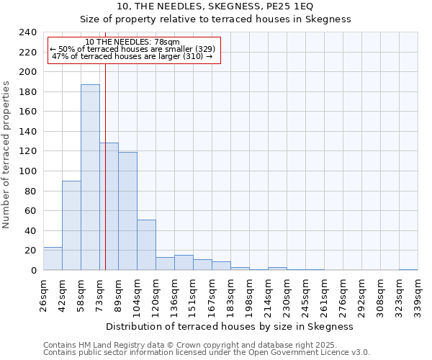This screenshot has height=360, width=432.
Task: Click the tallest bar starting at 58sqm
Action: click(90, 177)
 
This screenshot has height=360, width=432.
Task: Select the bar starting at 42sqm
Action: click(71, 225)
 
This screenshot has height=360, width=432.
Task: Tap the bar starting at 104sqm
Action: click(146, 245)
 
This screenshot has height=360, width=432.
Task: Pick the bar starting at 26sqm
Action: click(53, 258)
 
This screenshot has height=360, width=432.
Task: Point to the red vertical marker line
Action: click(105, 166)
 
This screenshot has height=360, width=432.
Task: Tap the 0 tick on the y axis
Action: click(33, 270)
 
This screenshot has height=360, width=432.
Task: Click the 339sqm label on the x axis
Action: click(418, 292)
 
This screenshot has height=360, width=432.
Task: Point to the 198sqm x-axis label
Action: click(250, 292)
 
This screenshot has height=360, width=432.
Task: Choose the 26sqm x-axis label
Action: click(44, 291)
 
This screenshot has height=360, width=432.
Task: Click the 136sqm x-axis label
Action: click(175, 292)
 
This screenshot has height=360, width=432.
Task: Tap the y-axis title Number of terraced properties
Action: click(6, 155)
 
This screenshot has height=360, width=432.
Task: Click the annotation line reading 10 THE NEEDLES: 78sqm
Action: click(132, 42)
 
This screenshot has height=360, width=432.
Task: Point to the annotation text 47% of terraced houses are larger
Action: click(132, 56)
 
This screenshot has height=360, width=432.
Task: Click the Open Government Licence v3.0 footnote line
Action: click(207, 353)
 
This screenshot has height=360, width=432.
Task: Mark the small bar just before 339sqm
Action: click(408, 269)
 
